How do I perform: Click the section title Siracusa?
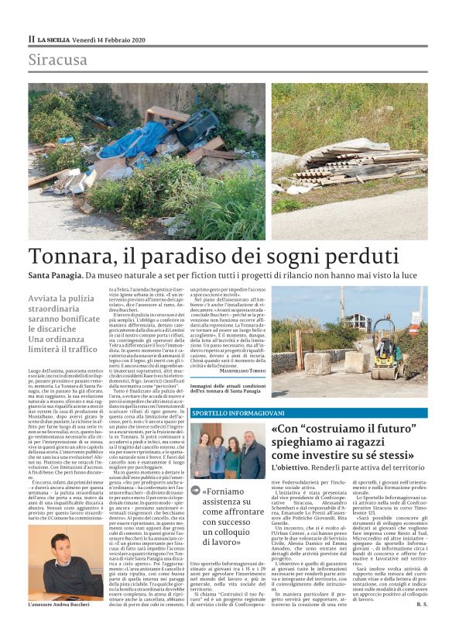[57, 60]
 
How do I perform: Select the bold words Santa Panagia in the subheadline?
[55, 276]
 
